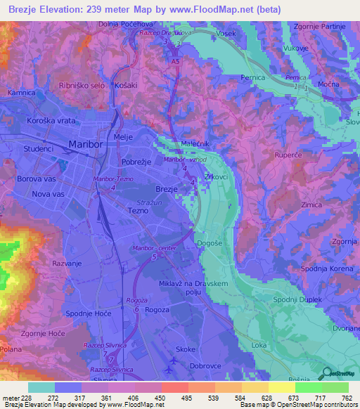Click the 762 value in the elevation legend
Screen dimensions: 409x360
pyautogui.click(x=347, y=398)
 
